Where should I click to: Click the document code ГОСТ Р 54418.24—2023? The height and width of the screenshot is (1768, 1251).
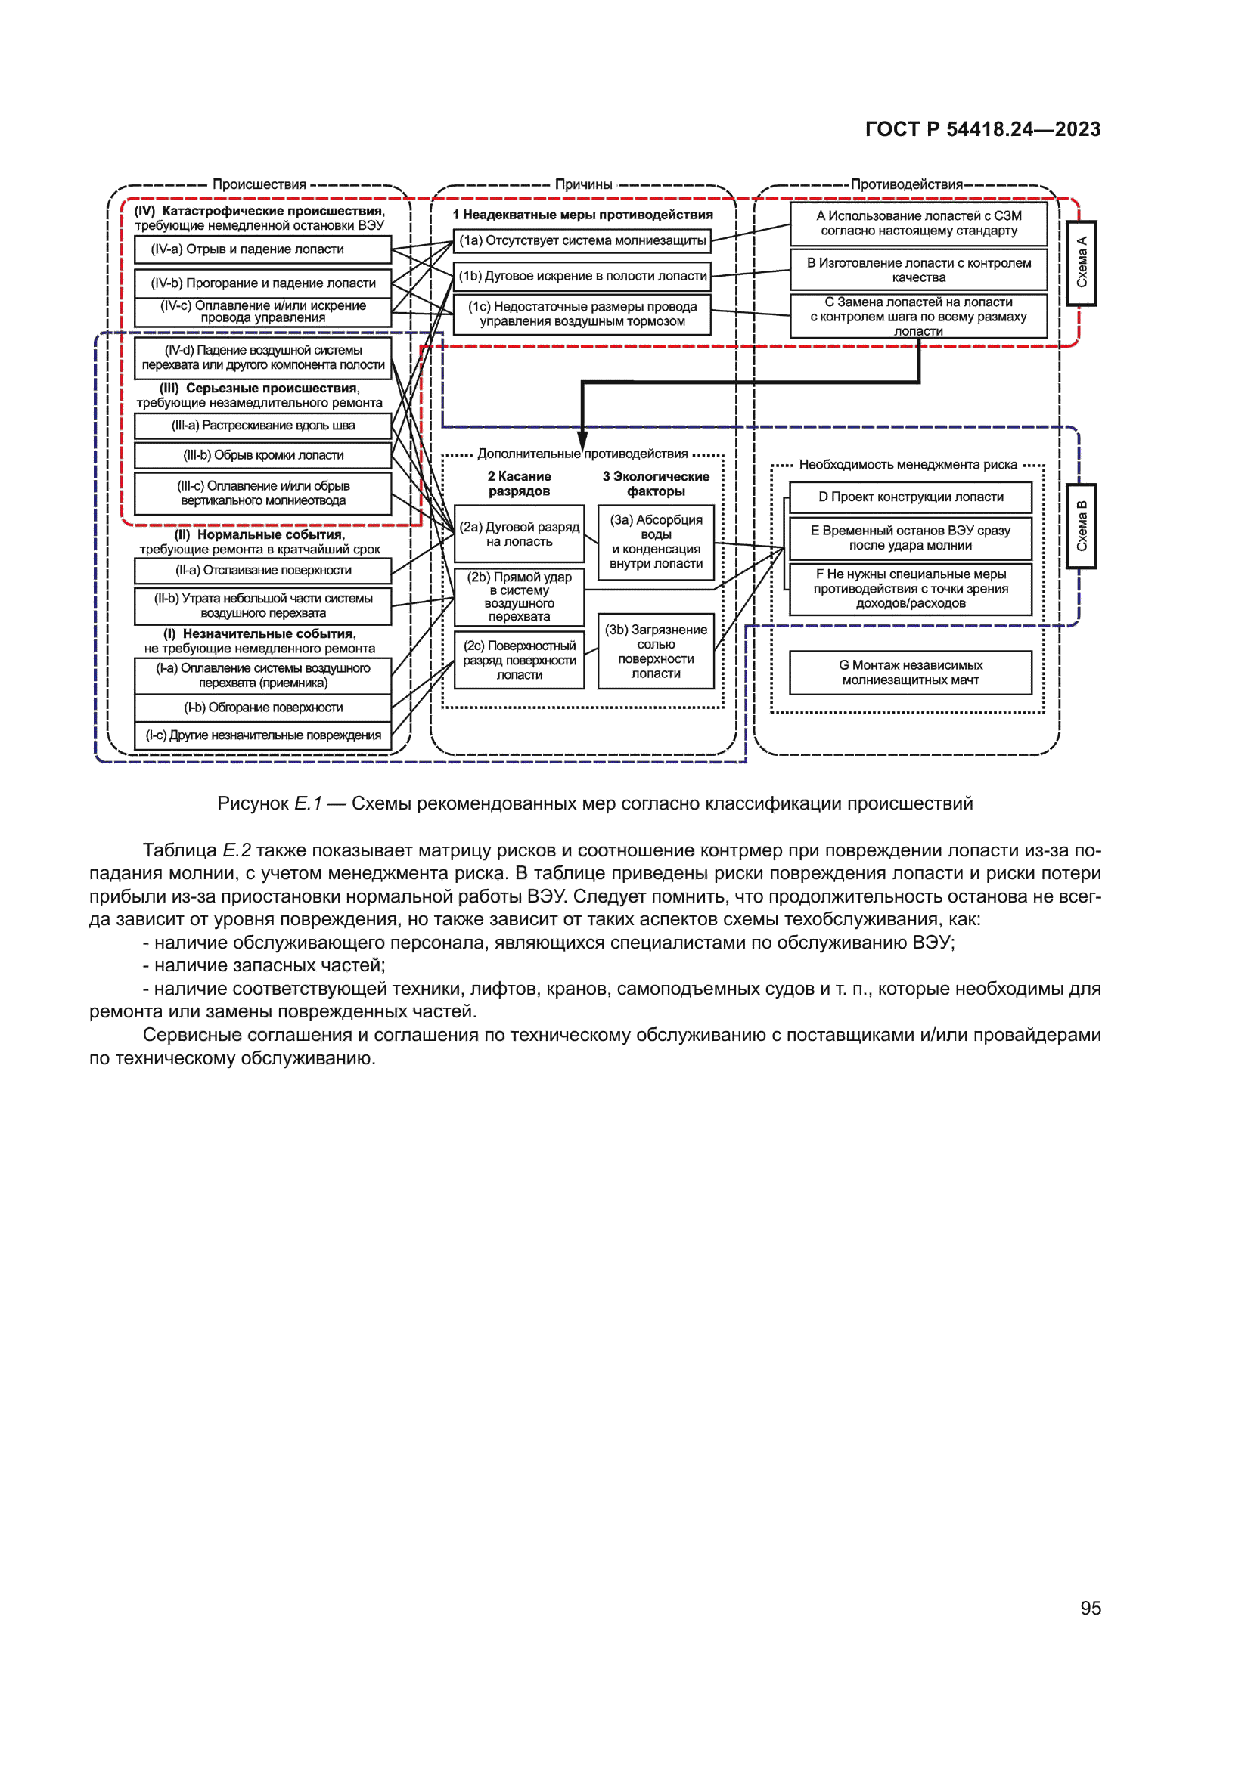[982, 129]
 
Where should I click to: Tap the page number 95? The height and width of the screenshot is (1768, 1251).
[1090, 1608]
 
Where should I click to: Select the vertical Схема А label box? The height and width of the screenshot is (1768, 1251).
[1081, 263]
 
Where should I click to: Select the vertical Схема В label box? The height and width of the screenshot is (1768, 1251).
[1081, 526]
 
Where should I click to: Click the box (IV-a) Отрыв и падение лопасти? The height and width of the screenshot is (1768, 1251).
[262, 249]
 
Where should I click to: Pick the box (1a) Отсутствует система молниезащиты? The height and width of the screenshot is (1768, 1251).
[582, 241]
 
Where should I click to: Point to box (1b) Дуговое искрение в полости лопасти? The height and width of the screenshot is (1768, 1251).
[582, 276]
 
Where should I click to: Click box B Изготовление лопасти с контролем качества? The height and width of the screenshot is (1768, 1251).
[918, 270]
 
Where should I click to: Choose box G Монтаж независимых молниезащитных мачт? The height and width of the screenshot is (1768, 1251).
[910, 672]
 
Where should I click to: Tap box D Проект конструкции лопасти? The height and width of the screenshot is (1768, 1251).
[910, 497]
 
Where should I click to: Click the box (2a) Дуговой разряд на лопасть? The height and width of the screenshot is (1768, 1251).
[519, 534]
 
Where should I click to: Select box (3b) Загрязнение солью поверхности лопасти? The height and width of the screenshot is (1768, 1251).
[656, 651]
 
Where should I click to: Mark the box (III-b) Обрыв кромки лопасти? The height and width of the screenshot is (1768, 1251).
[262, 455]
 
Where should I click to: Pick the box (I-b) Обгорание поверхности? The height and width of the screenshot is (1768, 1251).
[262, 707]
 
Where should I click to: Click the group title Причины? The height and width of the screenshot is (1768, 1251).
[583, 184]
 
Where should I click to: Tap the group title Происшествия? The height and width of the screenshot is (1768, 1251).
[259, 184]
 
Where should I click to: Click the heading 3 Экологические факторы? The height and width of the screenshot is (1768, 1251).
[656, 484]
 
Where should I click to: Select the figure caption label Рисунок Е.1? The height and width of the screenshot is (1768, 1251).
[269, 803]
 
